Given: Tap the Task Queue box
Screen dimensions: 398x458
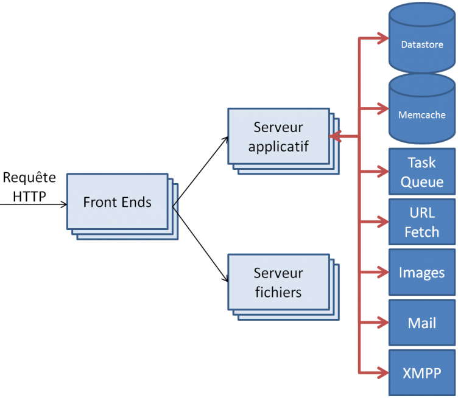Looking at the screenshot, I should point(421,171).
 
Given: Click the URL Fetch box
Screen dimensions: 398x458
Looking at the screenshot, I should point(421,222).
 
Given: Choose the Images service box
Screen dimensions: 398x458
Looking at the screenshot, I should point(421,272).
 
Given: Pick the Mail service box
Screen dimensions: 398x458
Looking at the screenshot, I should point(421,322).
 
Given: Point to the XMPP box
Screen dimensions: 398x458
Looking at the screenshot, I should point(421,372).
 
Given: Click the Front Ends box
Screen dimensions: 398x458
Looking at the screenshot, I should point(117,201).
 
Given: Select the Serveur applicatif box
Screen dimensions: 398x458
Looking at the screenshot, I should point(278,136).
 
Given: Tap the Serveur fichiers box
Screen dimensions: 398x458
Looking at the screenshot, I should point(278,282).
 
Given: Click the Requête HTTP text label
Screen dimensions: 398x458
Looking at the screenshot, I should point(29,187).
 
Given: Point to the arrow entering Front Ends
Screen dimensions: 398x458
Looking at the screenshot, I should point(37,204).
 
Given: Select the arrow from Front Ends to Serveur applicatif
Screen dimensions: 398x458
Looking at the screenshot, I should point(201,171).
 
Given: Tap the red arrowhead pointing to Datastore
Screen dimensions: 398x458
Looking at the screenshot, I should point(383,39).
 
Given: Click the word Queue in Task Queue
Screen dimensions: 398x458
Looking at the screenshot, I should point(421,181).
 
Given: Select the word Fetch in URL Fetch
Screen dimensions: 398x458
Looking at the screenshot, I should point(421,232).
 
